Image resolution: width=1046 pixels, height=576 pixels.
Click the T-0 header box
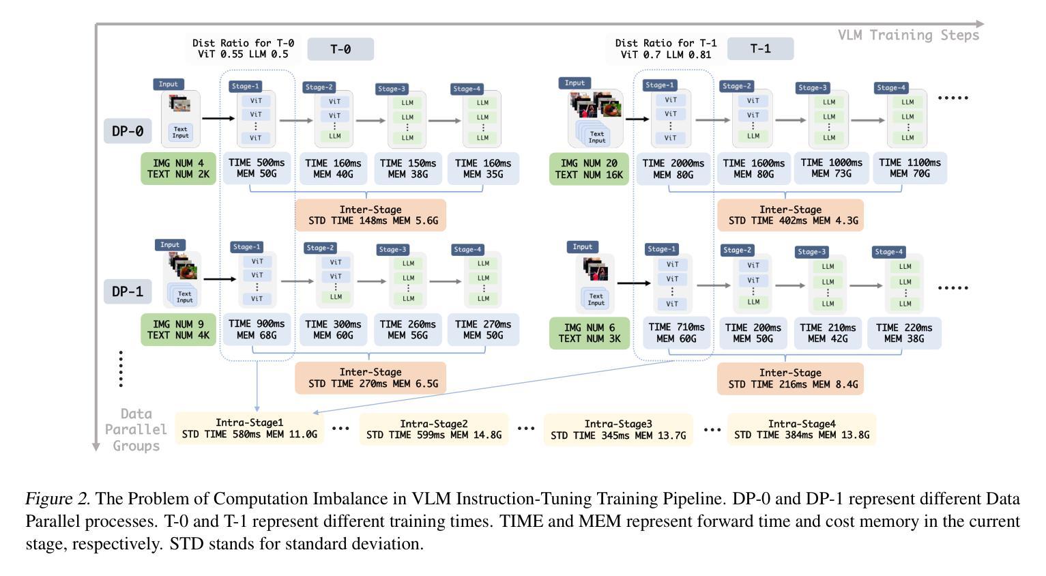[340, 49]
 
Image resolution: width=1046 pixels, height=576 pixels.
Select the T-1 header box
[760, 49]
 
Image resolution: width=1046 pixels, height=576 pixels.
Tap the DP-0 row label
[128, 131]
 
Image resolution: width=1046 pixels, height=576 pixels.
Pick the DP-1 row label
[128, 292]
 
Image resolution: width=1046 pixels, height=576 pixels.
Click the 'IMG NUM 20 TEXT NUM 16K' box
[589, 169]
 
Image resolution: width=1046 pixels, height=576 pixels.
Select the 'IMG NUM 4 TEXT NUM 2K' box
[179, 169]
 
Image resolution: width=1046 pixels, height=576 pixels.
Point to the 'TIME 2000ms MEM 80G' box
[673, 169]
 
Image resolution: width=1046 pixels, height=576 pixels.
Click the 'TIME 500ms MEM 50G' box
[257, 169]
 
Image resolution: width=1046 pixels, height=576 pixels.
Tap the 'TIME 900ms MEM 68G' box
[257, 330]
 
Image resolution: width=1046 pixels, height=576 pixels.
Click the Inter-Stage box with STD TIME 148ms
[371, 215]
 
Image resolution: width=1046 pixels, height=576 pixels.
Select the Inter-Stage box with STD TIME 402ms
[790, 215]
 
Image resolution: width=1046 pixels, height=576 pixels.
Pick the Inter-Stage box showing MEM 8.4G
[790, 378]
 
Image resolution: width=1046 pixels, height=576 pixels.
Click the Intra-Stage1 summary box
[250, 429]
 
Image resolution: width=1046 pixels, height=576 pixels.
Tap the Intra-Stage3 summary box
[618, 429]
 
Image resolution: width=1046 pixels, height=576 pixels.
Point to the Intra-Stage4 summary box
[802, 429]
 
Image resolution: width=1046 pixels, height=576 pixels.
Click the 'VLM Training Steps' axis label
[908, 35]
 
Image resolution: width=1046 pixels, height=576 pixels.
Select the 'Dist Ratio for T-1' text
[666, 43]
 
